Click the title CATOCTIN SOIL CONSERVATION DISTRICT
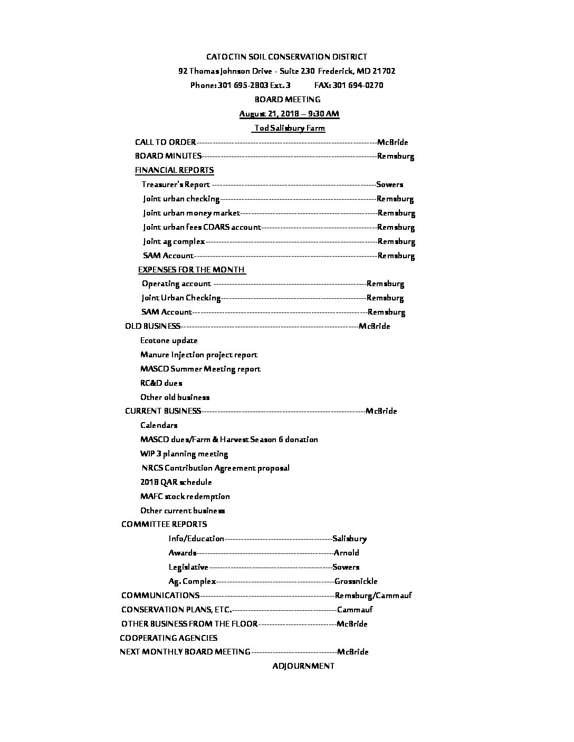click(286, 57)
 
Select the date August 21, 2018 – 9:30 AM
click(289, 114)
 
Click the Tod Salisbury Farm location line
click(289, 128)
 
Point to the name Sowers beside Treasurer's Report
click(389, 184)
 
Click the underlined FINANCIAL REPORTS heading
click(174, 170)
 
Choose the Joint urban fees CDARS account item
click(202, 227)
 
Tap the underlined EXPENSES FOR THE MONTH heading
click(191, 270)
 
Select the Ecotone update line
click(169, 340)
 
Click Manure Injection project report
click(199, 355)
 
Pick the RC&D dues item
click(161, 383)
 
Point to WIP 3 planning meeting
click(184, 454)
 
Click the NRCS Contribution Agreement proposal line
click(215, 468)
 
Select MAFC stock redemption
click(185, 496)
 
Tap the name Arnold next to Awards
click(346, 553)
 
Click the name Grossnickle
click(356, 581)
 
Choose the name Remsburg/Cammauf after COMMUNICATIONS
click(373, 595)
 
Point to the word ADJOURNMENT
click(303, 666)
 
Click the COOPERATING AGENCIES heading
click(168, 638)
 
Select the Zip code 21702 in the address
click(384, 71)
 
